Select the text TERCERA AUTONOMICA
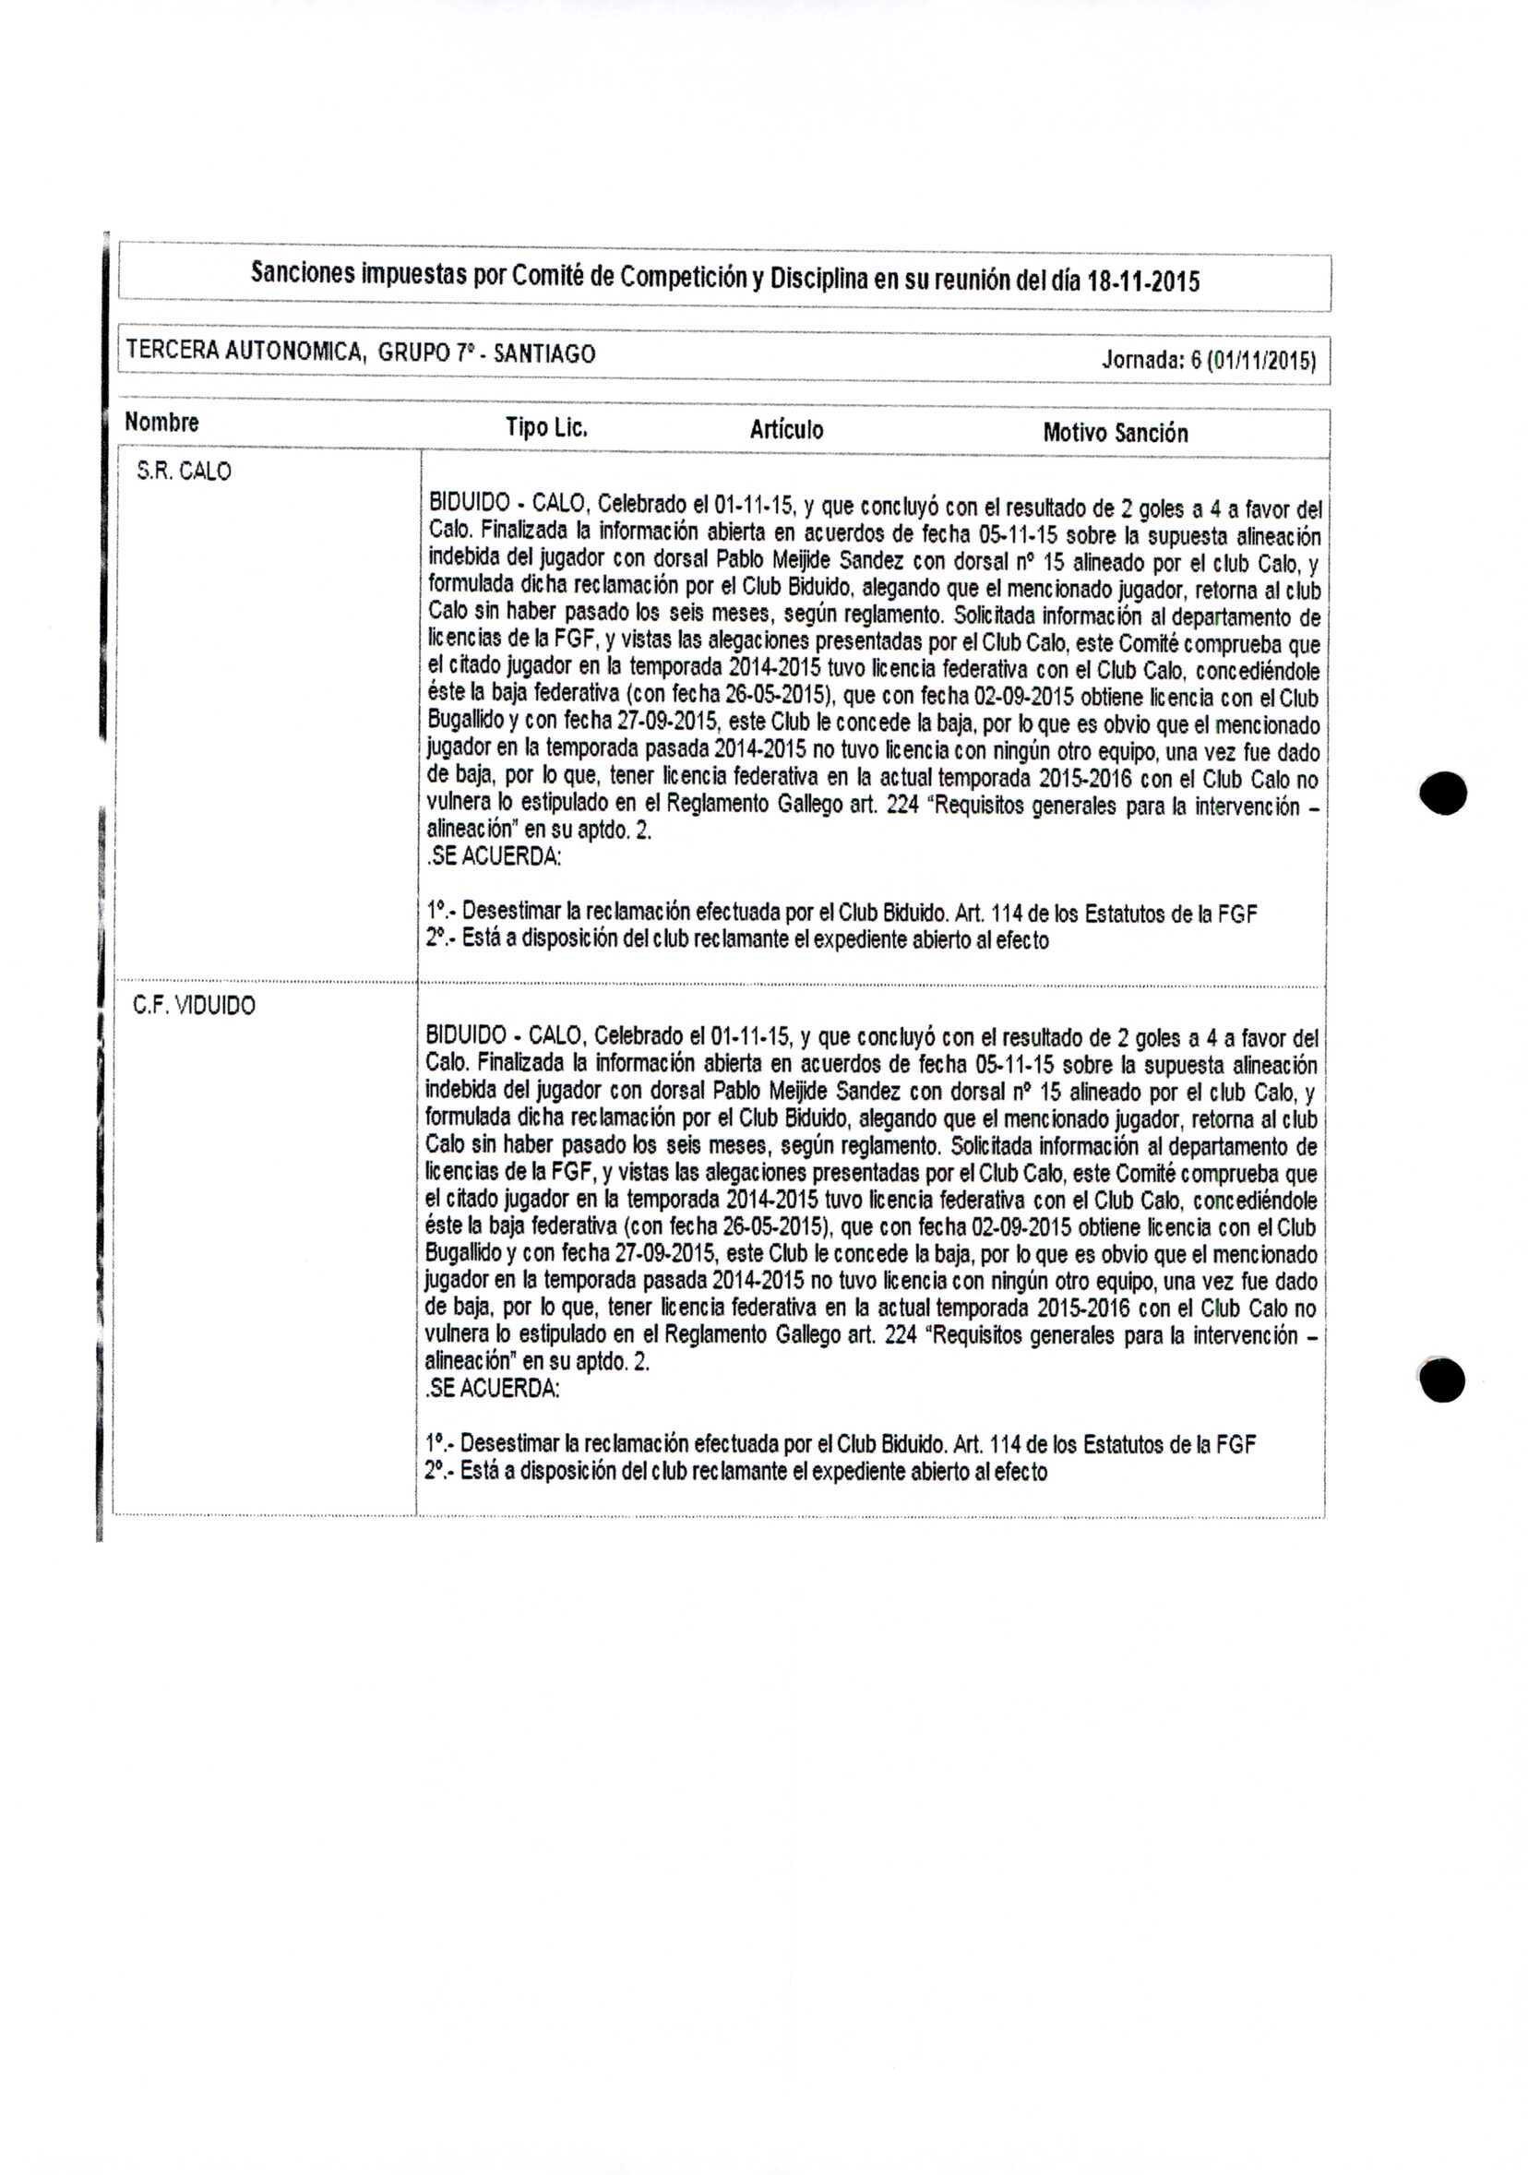click(245, 352)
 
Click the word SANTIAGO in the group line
click(544, 353)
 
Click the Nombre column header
click(162, 422)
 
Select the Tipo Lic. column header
click(546, 427)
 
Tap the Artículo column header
click(786, 430)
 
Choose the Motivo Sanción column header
click(1115, 433)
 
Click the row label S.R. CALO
click(184, 471)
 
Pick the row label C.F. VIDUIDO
click(194, 1005)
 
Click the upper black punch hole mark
click(1443, 792)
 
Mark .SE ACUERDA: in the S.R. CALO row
click(494, 857)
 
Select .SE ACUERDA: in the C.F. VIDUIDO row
click(492, 1389)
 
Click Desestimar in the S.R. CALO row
click(510, 913)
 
